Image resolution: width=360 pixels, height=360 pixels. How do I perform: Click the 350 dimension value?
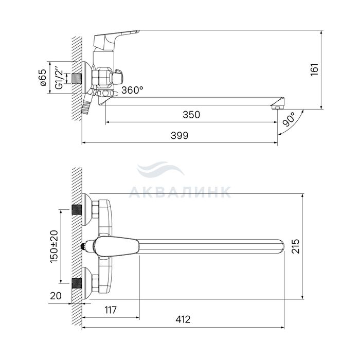[191, 115]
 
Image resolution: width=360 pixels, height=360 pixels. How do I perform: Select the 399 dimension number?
[179, 135]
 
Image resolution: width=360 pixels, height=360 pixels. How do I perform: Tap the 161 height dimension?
[315, 70]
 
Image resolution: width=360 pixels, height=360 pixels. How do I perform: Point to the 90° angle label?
[289, 119]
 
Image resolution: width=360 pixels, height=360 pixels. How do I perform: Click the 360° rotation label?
[132, 90]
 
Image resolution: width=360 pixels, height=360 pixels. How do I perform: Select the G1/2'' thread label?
[59, 78]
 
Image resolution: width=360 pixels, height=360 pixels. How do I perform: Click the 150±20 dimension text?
[54, 246]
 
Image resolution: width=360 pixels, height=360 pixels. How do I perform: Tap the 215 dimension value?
[296, 246]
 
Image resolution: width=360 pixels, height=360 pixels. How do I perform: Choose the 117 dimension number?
[111, 310]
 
